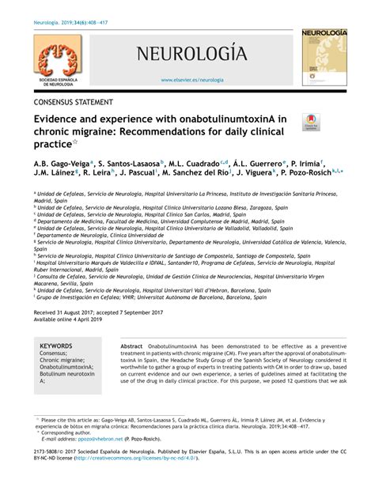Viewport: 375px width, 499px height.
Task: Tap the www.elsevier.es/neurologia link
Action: (192, 80)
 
